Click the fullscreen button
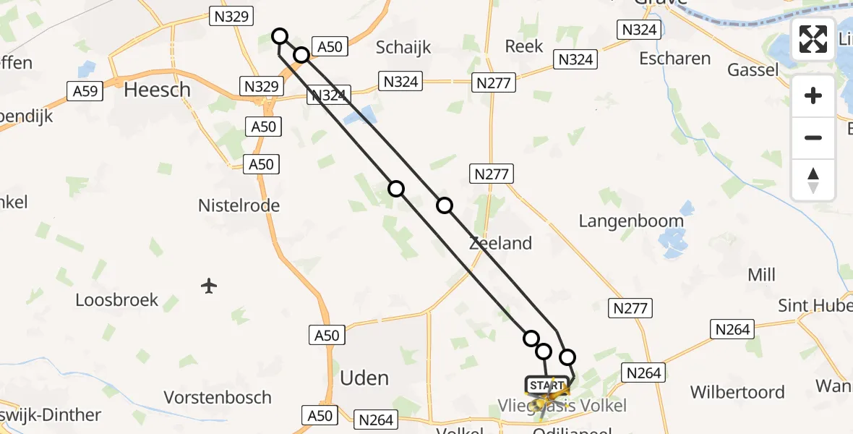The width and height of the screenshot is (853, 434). click(x=813, y=39)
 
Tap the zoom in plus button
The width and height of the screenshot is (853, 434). click(x=813, y=95)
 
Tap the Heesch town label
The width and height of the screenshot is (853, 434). click(x=158, y=90)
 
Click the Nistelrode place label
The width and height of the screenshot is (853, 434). click(x=239, y=205)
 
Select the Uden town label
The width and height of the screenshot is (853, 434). click(x=364, y=378)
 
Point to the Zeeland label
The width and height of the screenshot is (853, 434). click(x=500, y=243)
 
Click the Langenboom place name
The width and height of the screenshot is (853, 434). click(x=631, y=221)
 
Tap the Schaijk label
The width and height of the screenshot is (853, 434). click(x=403, y=48)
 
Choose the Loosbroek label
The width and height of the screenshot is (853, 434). click(x=117, y=299)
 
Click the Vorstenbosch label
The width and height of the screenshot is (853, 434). click(x=218, y=397)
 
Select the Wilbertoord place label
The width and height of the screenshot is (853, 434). click(x=737, y=392)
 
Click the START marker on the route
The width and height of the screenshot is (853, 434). click(x=547, y=386)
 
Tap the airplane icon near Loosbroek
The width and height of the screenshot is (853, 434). click(x=209, y=286)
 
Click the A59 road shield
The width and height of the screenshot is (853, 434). click(x=85, y=90)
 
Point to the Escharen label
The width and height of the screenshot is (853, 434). click(x=674, y=59)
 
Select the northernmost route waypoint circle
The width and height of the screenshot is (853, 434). click(x=280, y=35)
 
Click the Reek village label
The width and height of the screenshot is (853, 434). click(x=523, y=46)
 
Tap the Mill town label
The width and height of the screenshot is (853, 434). click(x=762, y=275)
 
